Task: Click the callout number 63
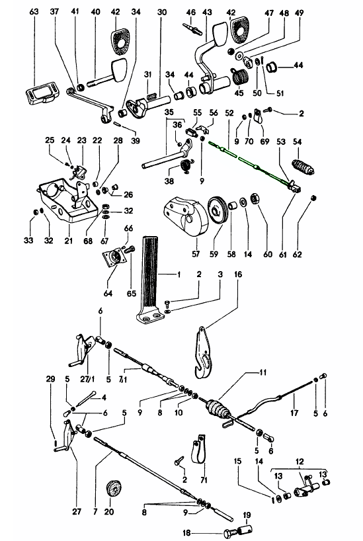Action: tap(34, 11)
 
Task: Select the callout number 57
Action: tap(196, 254)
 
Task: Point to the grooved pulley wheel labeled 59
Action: tap(218, 211)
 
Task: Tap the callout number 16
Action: tap(238, 274)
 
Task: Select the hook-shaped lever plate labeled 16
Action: tap(204, 353)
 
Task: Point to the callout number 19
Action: tap(247, 515)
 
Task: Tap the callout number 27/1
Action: tap(87, 379)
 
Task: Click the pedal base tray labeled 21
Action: tap(66, 200)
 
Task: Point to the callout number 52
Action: tap(229, 113)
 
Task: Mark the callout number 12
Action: tap(300, 461)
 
